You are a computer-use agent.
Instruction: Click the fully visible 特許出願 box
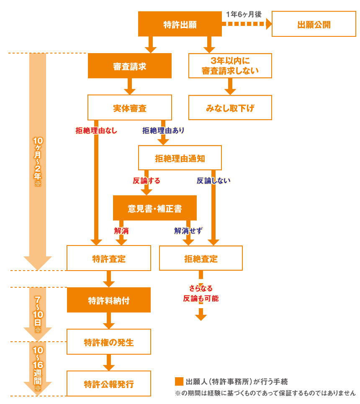point(180,24)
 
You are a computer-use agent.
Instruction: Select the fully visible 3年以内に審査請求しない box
point(230,66)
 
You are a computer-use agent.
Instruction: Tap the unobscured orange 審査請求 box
point(129,66)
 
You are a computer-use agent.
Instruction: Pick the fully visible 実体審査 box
point(129,108)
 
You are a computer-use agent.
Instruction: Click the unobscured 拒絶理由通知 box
point(180,158)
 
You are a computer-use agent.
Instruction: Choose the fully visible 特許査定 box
point(108,258)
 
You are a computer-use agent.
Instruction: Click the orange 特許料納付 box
point(108,300)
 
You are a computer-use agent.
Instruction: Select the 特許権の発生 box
point(108,342)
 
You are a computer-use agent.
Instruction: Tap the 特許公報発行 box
point(108,384)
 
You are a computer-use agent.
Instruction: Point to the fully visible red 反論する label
point(147,181)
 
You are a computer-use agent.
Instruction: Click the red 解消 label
point(121,230)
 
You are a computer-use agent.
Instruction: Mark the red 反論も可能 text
point(201,298)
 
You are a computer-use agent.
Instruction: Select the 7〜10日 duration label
point(37,314)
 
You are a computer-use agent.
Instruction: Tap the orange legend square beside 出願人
point(179,381)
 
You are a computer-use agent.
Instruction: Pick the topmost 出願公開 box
point(314,24)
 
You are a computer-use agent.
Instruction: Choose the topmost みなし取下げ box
point(230,108)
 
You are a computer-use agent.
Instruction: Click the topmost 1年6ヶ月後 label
point(244,14)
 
